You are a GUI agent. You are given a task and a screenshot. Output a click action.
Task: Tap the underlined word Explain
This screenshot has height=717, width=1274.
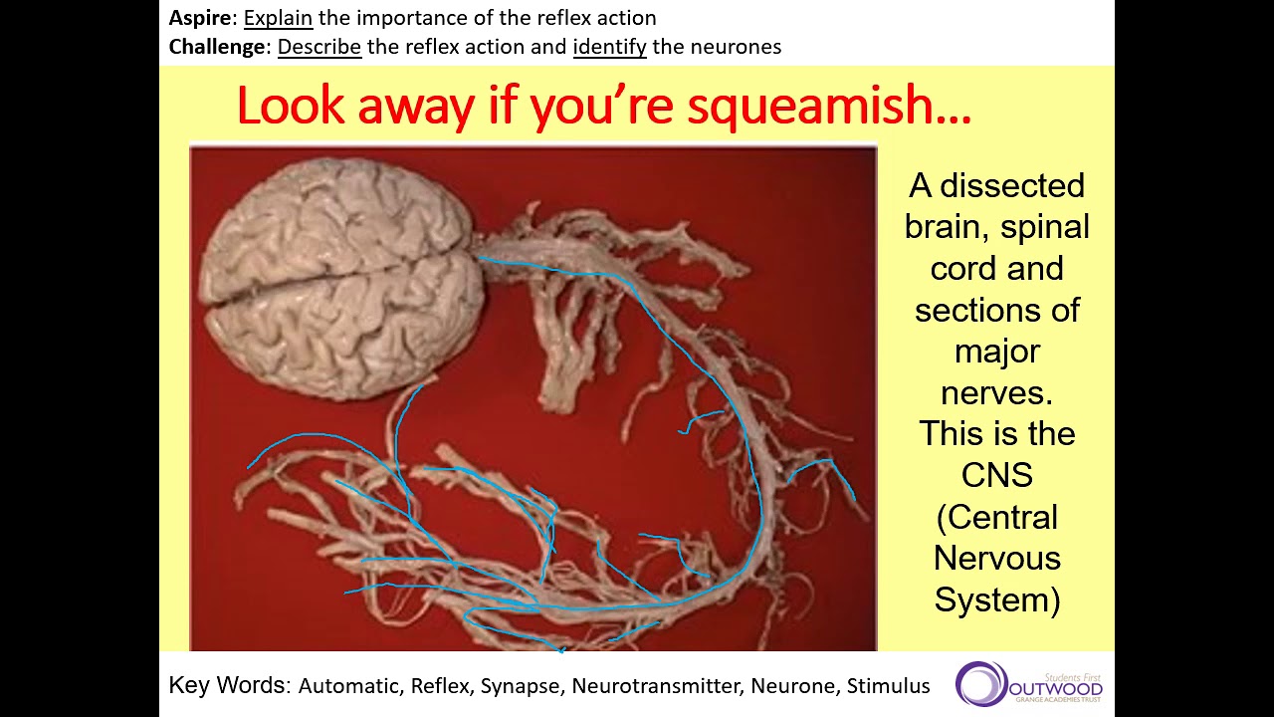pos(278,18)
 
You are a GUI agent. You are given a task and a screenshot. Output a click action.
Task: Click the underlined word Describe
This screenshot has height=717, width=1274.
pos(318,46)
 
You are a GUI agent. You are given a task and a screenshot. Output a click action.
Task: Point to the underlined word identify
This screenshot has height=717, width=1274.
pos(609,46)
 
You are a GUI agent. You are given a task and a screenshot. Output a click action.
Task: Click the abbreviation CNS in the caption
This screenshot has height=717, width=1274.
pos(996,475)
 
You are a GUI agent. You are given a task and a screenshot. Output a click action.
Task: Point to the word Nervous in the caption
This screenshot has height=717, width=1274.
pos(996,558)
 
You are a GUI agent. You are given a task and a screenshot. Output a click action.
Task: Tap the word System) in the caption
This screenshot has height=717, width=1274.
pos(996,599)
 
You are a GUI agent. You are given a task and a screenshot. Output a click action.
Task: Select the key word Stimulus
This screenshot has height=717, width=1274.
pos(888,686)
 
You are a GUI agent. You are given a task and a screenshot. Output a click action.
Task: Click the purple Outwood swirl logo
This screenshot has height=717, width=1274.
pos(980,683)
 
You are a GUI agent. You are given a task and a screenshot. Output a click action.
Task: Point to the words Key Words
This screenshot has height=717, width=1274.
pos(228,685)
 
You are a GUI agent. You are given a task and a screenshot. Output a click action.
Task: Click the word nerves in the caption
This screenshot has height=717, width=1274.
pos(996,392)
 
